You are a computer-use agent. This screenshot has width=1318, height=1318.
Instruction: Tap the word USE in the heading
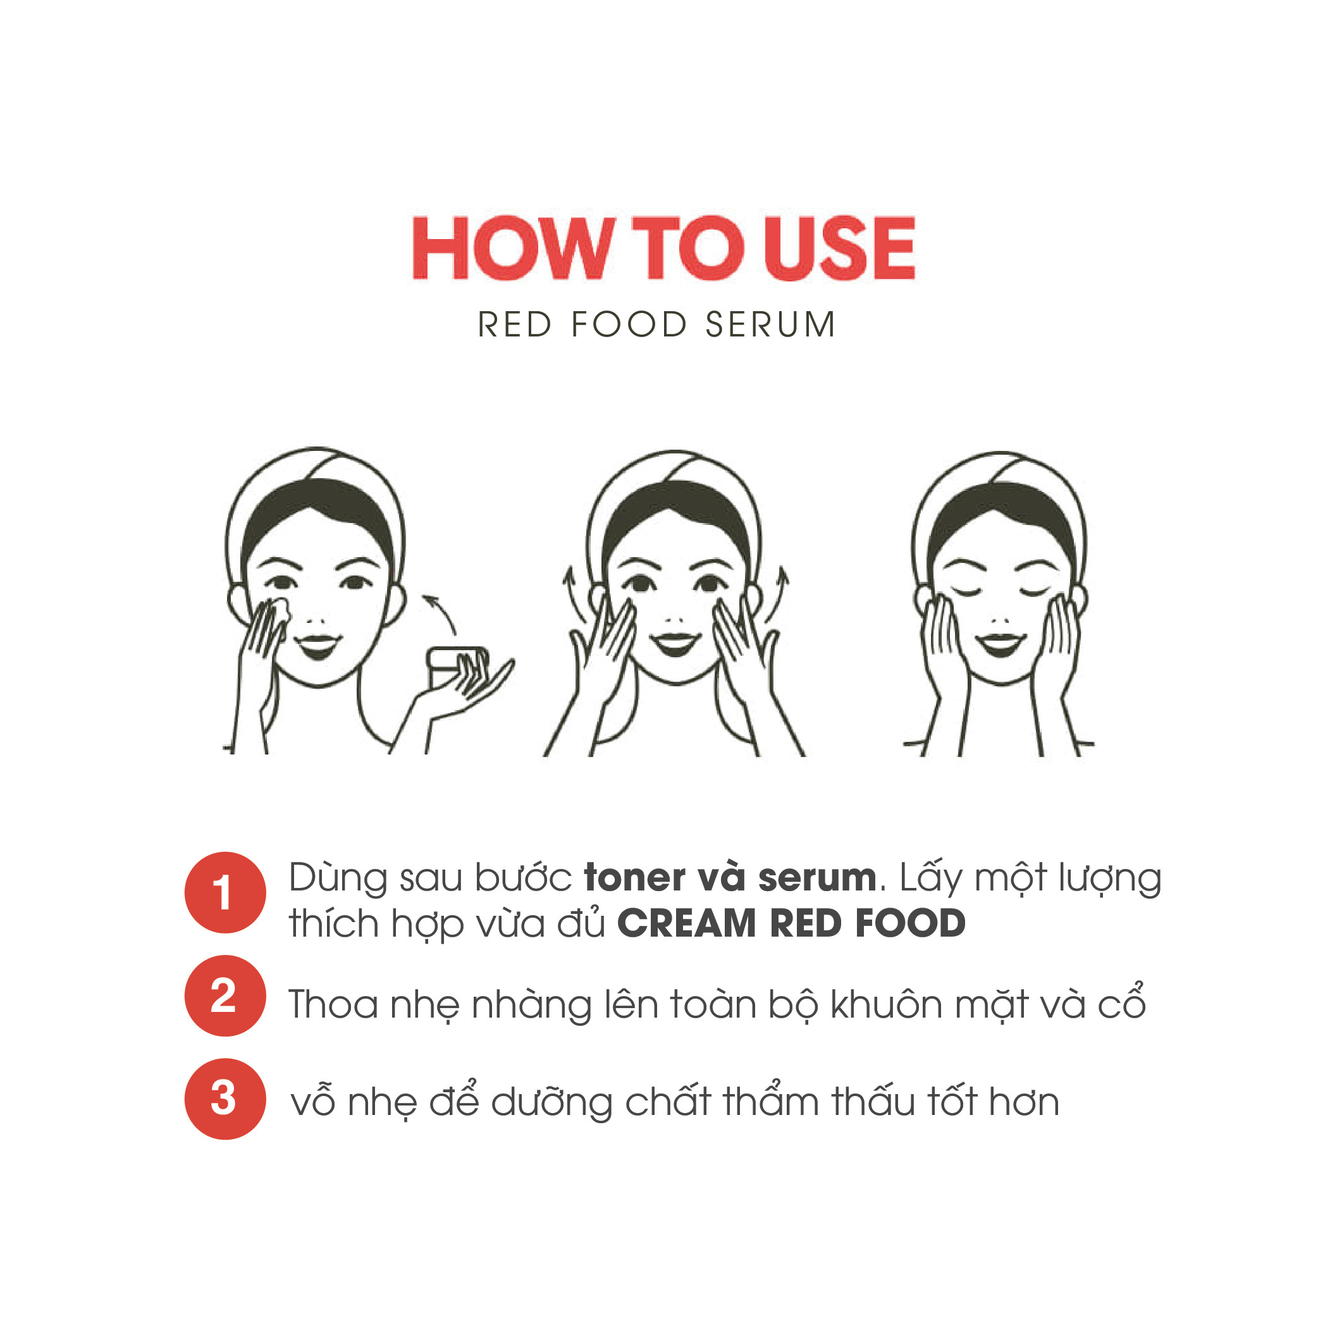(839, 248)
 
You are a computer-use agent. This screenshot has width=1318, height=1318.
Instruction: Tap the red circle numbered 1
(225, 892)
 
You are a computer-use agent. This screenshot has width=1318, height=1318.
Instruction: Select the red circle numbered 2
(225, 996)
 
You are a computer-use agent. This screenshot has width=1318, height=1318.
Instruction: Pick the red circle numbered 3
(225, 1099)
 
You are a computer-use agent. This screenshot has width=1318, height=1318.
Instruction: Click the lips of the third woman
(1000, 643)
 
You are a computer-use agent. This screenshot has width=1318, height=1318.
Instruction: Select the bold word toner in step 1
(634, 878)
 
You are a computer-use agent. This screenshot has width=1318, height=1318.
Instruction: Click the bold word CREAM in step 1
(687, 924)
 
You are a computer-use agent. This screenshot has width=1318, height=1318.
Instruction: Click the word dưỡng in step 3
(550, 1103)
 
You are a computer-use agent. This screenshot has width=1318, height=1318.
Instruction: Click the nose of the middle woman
(675, 618)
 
